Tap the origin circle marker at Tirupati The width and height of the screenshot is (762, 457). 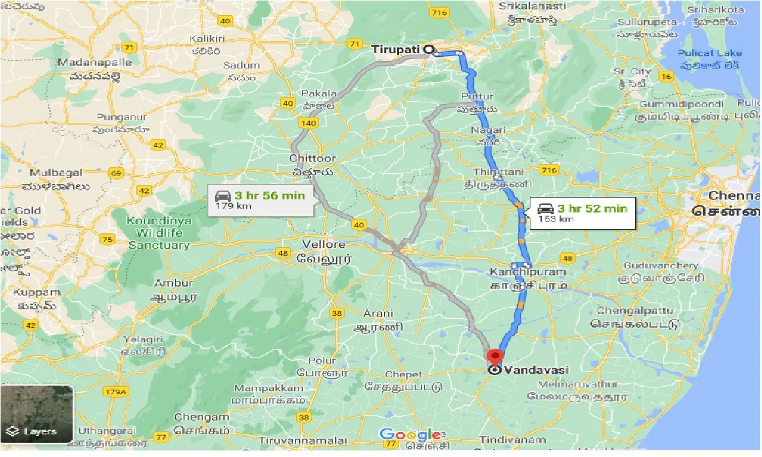[x=429, y=49]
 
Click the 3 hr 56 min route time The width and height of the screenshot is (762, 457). [x=269, y=195]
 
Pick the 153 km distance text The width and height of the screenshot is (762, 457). [x=555, y=219]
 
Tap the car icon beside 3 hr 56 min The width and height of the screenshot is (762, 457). [x=222, y=195]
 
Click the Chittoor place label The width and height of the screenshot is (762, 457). [x=313, y=159]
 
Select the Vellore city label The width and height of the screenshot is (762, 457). [x=323, y=245]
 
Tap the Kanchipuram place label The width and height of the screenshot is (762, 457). [x=527, y=272]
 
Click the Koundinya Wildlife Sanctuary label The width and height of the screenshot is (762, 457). [x=159, y=233]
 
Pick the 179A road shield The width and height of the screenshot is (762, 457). [x=116, y=392]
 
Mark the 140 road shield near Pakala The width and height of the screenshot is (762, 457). [x=307, y=123]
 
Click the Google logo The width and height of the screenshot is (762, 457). [x=411, y=434]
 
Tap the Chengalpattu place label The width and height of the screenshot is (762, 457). [x=635, y=311]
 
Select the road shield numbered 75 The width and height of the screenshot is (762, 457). [x=108, y=240]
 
